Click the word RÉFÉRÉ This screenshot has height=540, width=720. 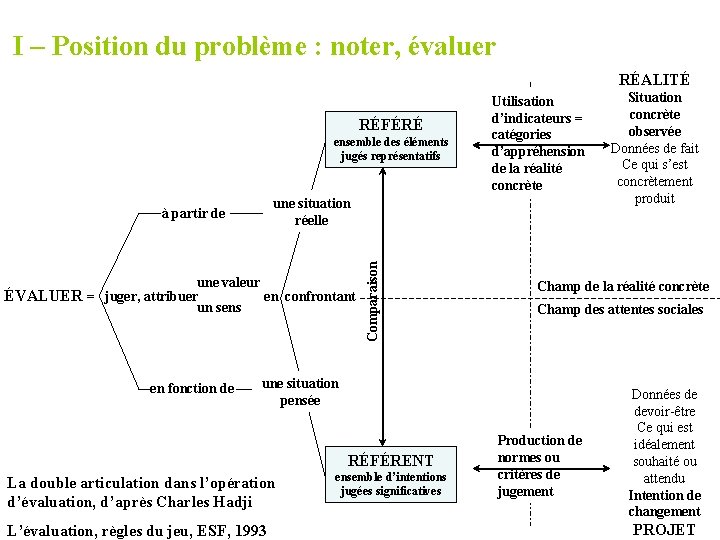(x=390, y=125)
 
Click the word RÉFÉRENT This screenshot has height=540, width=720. (x=389, y=461)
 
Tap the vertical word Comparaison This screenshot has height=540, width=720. (x=372, y=300)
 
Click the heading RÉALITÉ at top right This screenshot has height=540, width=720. (x=654, y=80)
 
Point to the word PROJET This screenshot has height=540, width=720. (x=665, y=529)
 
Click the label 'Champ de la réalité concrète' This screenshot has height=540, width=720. (x=623, y=287)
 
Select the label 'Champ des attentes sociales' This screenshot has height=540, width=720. (x=620, y=310)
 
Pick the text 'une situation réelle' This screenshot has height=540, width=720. (x=312, y=212)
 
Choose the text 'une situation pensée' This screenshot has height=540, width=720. (x=300, y=392)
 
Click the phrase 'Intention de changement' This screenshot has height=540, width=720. (x=664, y=503)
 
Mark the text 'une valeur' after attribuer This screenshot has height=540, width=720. (x=229, y=284)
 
